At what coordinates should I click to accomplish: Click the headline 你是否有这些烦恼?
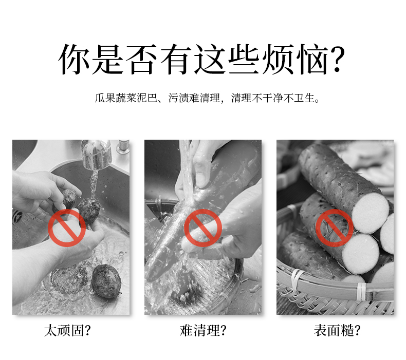[201, 60]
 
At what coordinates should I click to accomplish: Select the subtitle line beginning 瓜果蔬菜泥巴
[207, 98]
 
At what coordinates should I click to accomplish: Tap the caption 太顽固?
[67, 331]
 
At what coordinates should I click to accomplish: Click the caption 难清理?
[202, 331]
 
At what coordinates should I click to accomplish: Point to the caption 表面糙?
[337, 331]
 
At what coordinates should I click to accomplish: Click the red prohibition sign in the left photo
[67, 228]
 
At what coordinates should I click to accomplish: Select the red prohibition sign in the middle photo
[202, 228]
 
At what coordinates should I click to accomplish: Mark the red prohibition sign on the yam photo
[334, 228]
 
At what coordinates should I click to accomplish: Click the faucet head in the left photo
[96, 154]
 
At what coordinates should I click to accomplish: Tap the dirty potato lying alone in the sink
[106, 281]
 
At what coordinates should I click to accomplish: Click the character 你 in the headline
[74, 60]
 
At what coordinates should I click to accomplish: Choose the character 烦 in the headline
[278, 60]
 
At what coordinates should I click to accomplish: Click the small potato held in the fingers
[69, 198]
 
